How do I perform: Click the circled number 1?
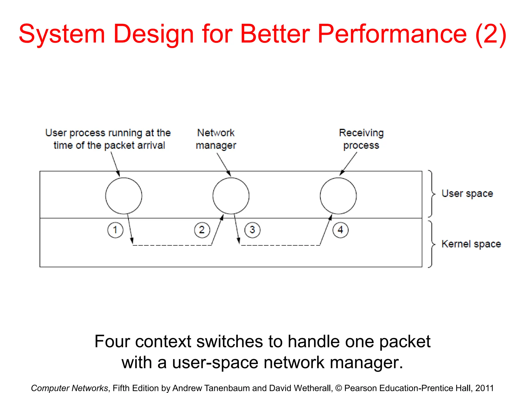point(115,230)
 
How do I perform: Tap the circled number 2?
point(202,230)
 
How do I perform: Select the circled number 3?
point(252,230)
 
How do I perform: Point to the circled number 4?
point(340,230)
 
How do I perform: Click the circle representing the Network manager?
point(231,196)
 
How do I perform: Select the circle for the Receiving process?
point(338,196)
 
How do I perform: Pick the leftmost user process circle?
point(124,196)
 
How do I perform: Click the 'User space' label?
point(467,193)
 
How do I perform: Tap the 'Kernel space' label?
point(471,244)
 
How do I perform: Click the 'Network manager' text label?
point(216,139)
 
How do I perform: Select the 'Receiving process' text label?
point(361,139)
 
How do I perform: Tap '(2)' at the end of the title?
point(490,34)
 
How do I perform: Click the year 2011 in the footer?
point(484,388)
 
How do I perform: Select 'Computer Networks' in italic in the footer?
point(69,388)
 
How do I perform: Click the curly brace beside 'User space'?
point(432,194)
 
